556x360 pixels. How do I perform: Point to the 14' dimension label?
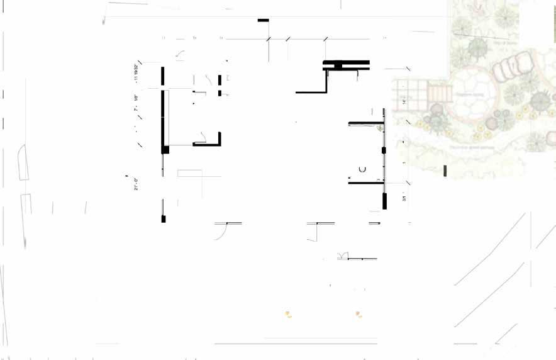coord(404,101)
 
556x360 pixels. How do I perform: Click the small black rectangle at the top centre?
coord(263,21)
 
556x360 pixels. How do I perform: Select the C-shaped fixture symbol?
coord(362,169)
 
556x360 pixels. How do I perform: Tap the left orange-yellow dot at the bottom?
coord(287,313)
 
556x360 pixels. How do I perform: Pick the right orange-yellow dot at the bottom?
coord(358,313)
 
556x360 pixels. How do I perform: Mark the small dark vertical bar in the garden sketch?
coord(445,171)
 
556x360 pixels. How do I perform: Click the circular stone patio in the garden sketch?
coord(473,93)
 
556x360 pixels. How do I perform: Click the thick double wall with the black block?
coord(345,65)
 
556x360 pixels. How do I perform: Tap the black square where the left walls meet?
coord(165,149)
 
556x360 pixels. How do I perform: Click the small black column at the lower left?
coord(164,218)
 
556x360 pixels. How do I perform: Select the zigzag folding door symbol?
coord(342,255)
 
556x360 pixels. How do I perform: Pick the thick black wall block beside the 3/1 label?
coord(384,201)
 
